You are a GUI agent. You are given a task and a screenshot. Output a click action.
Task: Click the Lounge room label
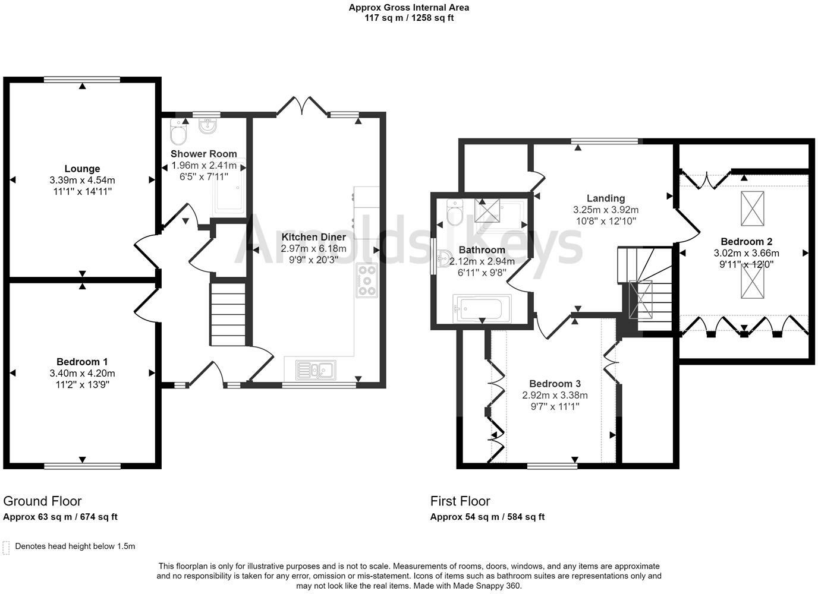pos(82,169)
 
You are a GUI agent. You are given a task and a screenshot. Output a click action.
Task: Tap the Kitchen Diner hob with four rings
pos(367,280)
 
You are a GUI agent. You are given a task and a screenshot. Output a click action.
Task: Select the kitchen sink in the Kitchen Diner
pos(316,370)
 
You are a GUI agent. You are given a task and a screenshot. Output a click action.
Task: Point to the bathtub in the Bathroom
pos(482,309)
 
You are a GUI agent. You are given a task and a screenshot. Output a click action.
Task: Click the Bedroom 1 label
pos(82,362)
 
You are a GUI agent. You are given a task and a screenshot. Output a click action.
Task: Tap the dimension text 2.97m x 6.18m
pos(314,248)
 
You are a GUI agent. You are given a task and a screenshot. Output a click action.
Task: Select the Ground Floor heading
pos(42,501)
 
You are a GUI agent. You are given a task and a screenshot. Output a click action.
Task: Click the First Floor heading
pos(460,501)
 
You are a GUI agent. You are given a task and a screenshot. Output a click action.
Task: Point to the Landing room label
pos(606,198)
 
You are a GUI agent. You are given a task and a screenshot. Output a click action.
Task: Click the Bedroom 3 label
pos(555,384)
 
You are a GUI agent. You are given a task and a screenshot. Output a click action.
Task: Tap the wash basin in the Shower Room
pos(208,125)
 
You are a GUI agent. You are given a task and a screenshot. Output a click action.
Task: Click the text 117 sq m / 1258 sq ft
pos(409,18)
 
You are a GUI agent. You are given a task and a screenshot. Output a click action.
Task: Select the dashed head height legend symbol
pos(6,548)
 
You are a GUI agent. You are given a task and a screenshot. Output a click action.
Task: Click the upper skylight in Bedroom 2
pos(752,208)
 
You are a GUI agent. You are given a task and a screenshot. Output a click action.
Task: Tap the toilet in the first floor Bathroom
pos(455,212)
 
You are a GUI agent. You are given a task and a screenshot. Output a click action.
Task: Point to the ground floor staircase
pos(228,314)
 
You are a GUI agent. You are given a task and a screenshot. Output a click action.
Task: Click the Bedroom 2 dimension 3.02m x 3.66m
pos(747,253)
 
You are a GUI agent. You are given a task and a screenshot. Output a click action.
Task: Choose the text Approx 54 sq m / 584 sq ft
pos(487,517)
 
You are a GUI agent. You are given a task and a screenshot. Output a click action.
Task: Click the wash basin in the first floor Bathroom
pos(445,258)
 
